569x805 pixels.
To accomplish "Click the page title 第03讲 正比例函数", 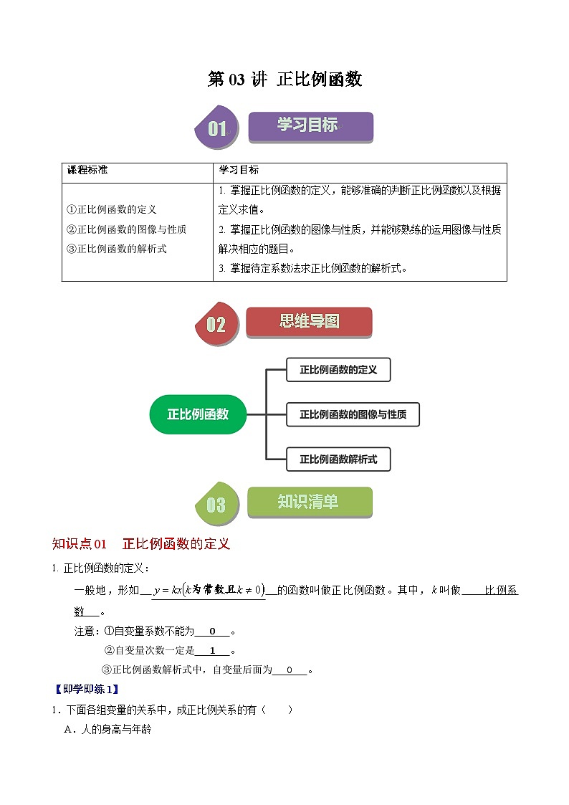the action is (x=284, y=79).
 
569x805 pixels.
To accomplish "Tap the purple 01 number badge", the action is (x=216, y=129).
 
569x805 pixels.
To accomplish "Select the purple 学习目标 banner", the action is (x=310, y=126).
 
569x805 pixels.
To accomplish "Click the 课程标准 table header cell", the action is (x=87, y=170).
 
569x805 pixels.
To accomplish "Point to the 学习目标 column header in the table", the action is (x=239, y=170).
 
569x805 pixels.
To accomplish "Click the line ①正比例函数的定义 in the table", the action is (x=111, y=209).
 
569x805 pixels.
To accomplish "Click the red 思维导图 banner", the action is (x=309, y=322).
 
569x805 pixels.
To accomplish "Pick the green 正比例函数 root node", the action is (x=198, y=414).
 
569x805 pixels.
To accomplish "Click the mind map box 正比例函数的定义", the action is (x=338, y=370).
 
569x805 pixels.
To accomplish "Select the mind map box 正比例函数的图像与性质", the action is (x=353, y=414).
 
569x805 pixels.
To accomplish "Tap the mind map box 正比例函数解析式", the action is (x=338, y=459).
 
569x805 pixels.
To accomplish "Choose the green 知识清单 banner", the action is (x=309, y=502).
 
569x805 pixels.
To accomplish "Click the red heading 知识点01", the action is (x=80, y=543).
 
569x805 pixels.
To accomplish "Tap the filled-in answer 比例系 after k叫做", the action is (x=501, y=590).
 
